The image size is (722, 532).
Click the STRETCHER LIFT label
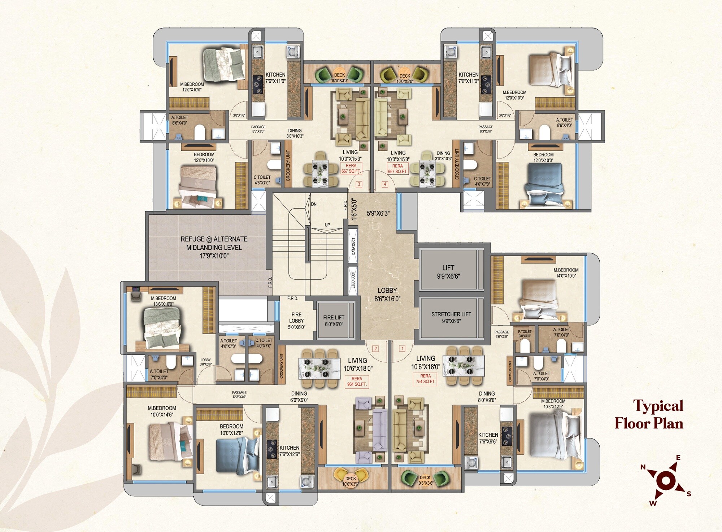(451, 317)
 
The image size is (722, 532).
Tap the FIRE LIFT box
(334, 320)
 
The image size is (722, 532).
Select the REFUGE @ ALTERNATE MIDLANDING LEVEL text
(214, 247)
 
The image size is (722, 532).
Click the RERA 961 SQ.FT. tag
(357, 381)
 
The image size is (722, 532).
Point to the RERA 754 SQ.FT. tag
(425, 379)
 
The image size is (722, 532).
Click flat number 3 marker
(359, 184)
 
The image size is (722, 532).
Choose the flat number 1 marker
(402, 348)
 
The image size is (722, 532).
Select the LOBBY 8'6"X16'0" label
(387, 295)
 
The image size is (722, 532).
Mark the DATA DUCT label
(353, 246)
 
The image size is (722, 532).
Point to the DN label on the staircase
(314, 204)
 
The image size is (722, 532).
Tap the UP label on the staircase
(327, 225)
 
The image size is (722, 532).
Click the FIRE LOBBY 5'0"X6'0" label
(296, 320)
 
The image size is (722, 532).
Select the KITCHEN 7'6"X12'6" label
(289, 451)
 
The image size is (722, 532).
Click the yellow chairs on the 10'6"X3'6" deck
(351, 476)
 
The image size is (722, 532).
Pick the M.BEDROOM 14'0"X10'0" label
(566, 272)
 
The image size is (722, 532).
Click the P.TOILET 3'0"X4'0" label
(525, 333)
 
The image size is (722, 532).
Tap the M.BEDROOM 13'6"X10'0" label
(164, 301)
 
